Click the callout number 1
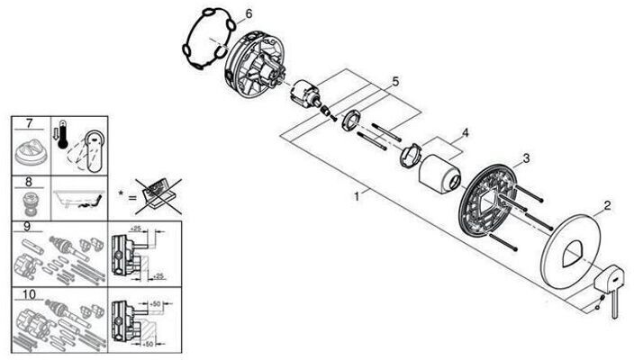click(358, 193)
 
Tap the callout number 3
click(525, 158)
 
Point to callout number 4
click(466, 133)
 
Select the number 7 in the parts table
click(30, 122)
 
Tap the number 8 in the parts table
click(30, 181)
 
